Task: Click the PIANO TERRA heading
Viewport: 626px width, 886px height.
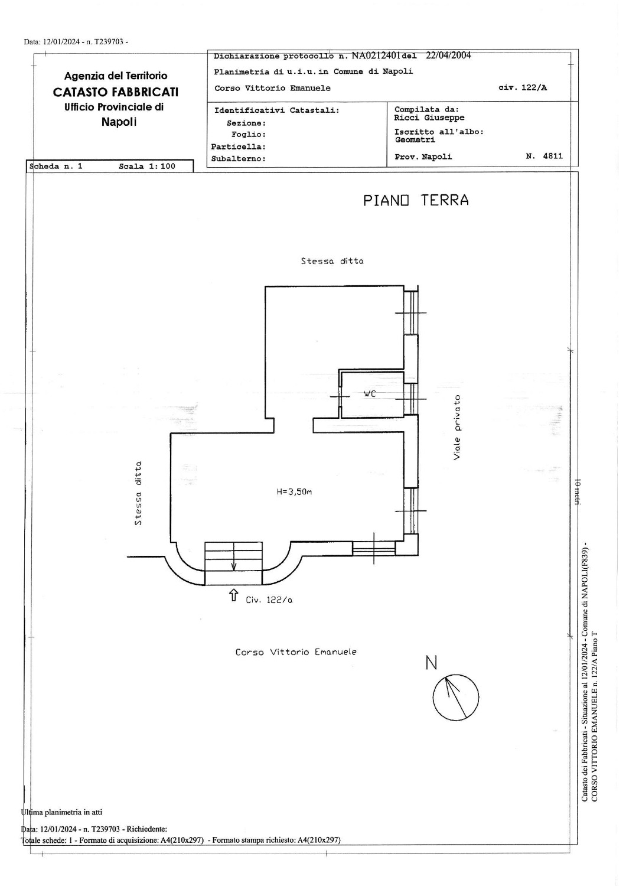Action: (x=416, y=200)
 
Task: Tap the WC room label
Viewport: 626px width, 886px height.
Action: (x=370, y=394)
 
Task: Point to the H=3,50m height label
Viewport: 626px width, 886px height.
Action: (x=294, y=492)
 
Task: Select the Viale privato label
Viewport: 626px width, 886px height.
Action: (x=457, y=427)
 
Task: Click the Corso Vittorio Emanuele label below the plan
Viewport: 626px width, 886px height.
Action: (x=296, y=652)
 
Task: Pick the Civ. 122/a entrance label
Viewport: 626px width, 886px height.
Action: (x=269, y=600)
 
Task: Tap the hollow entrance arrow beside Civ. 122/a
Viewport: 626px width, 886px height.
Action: (x=233, y=595)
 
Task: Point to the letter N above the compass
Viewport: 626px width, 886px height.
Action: (x=432, y=663)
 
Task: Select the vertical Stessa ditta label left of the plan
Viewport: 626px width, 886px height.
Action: (x=138, y=493)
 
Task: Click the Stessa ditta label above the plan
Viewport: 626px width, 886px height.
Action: (x=332, y=261)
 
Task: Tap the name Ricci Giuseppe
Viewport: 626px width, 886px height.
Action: (x=429, y=118)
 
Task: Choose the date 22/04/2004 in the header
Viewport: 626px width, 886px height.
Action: (x=448, y=56)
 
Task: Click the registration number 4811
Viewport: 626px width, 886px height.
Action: (x=553, y=156)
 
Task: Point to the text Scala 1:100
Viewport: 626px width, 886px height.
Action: (x=147, y=167)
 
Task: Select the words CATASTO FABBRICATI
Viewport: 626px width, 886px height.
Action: (x=116, y=92)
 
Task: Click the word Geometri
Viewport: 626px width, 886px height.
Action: (x=415, y=139)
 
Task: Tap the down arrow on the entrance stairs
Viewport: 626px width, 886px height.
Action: (x=233, y=557)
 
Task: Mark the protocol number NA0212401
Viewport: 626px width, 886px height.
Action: (x=376, y=56)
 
